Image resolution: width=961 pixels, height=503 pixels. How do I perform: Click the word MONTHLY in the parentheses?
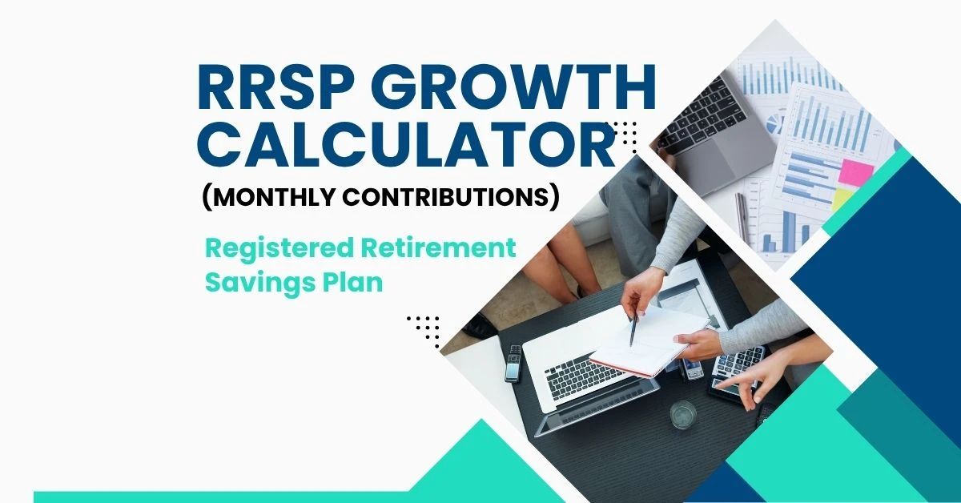pos(283,196)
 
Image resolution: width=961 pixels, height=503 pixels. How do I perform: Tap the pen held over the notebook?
pos(633,328)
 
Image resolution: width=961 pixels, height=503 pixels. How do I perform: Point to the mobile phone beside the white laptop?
pos(513,363)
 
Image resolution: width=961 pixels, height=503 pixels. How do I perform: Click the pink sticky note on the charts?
pos(856,173)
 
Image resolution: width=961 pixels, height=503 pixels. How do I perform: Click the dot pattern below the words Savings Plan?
pos(424,328)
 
